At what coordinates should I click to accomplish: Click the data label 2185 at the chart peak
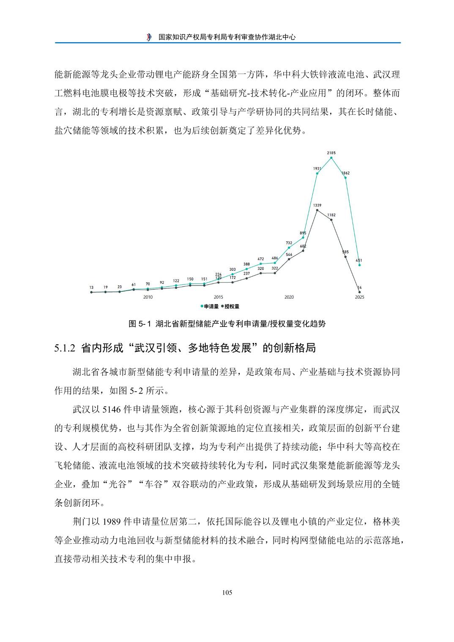(331, 152)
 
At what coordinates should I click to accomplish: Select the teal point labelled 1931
(317, 173)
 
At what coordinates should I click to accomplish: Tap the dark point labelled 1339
(317, 210)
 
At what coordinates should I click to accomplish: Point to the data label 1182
(331, 215)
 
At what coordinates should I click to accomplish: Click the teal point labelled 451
(359, 265)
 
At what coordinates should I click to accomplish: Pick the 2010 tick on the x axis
(148, 297)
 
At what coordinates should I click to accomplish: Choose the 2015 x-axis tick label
(219, 297)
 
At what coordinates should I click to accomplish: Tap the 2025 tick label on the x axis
(359, 297)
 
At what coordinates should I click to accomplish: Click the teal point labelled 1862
(345, 178)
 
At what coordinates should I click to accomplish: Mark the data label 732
(289, 243)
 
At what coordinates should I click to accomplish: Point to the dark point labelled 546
(289, 259)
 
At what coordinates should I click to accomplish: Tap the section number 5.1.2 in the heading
(65, 348)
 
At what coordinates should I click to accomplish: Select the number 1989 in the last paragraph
(111, 522)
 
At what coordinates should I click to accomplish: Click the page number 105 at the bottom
(227, 593)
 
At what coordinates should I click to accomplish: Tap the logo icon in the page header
(149, 37)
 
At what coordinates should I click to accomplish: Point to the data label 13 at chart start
(91, 287)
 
